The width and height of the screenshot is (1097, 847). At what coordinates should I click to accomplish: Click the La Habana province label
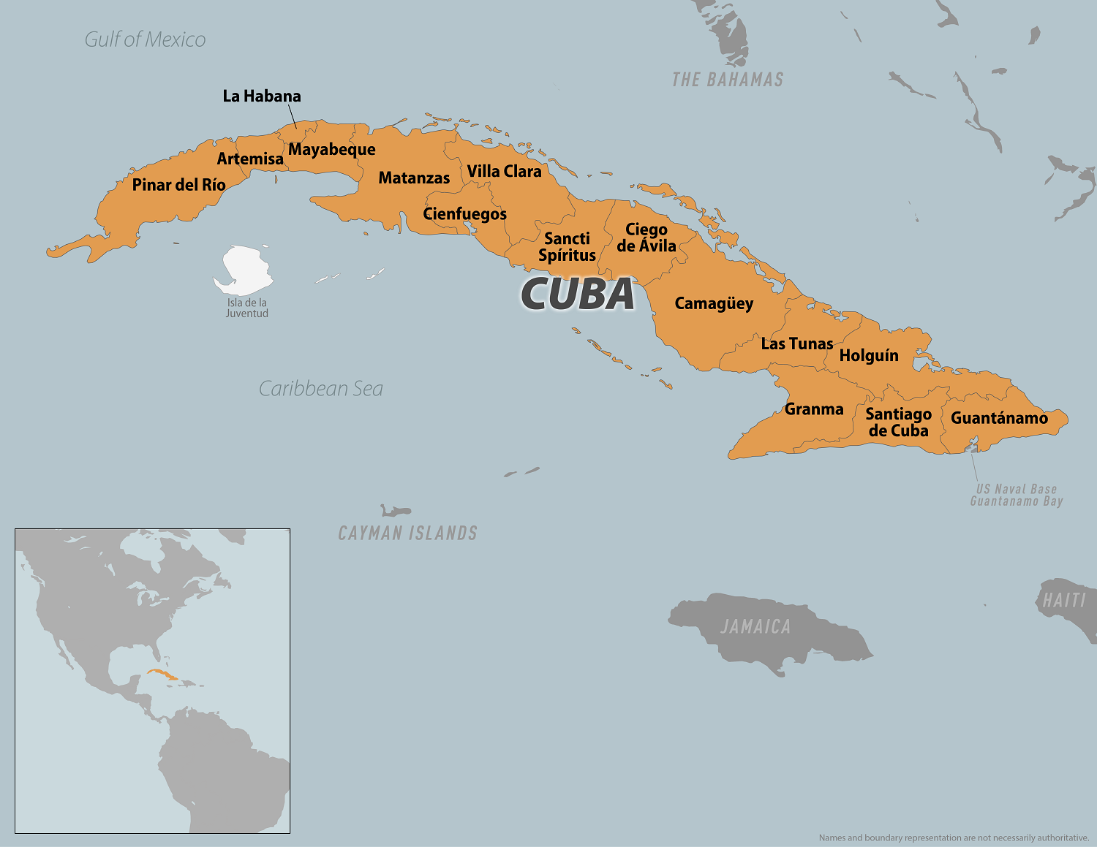262,96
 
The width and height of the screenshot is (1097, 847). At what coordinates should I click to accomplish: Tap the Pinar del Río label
178,185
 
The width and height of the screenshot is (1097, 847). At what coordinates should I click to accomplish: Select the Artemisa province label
250,159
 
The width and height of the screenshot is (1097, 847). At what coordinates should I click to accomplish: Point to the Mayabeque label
332,150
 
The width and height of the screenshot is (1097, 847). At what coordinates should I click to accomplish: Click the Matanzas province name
414,178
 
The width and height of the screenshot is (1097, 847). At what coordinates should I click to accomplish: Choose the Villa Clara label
504,171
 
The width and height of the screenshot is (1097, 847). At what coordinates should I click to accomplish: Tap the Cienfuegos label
464,214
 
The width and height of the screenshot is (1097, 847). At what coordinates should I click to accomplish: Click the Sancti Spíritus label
567,247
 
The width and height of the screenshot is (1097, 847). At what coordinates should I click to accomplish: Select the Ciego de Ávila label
646,238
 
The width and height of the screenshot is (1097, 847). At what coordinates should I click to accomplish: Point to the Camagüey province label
714,303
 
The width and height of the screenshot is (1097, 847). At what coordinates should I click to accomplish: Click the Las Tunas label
797,343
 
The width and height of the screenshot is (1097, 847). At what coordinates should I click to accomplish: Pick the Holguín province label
869,356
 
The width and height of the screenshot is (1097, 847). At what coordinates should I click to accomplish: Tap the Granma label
814,409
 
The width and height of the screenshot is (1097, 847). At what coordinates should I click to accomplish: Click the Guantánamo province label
999,418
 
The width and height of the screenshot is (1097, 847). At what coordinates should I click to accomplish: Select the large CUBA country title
578,294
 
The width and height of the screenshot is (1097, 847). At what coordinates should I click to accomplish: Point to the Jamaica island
768,628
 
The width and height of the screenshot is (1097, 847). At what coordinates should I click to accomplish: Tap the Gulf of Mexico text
145,39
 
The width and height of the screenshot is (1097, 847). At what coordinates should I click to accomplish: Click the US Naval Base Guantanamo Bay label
1017,495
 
